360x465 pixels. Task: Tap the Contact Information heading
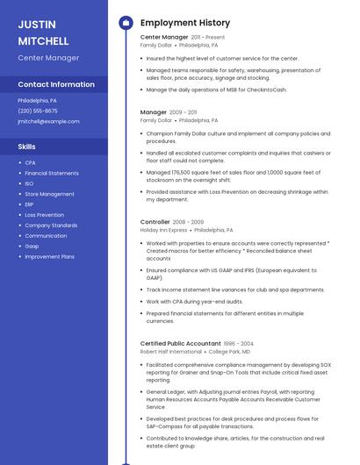[x=56, y=85]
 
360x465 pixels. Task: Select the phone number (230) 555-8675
[x=38, y=111]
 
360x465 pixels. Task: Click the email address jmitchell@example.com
[x=48, y=122]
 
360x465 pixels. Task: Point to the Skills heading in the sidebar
[x=27, y=147]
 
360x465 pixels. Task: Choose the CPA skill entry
[x=30, y=162]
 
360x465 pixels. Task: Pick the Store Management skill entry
[x=49, y=194]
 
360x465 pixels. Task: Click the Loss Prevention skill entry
[x=44, y=215]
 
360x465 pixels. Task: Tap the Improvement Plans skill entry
[x=49, y=257]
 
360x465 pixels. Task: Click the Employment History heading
[x=185, y=23]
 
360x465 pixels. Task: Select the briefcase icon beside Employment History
[x=126, y=23]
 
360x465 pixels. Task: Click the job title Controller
[x=155, y=222]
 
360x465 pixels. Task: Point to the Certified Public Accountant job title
[x=180, y=343]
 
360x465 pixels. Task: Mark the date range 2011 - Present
[x=208, y=38]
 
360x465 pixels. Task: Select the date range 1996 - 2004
[x=237, y=343]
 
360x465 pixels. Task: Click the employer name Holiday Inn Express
[x=164, y=230]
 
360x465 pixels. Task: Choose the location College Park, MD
[x=229, y=351]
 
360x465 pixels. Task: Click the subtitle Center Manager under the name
[x=48, y=58]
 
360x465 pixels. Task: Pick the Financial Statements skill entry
[x=52, y=173]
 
